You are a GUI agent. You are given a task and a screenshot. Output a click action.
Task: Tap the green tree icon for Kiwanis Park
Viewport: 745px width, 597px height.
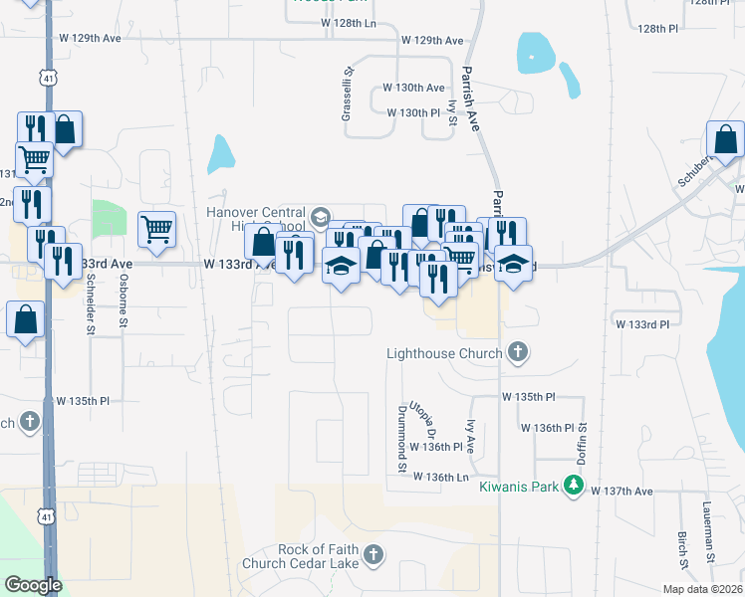(573, 485)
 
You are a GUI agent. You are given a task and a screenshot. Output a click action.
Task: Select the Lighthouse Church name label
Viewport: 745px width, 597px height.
(444, 353)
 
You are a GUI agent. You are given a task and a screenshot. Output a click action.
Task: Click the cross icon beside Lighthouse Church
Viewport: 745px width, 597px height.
(517, 351)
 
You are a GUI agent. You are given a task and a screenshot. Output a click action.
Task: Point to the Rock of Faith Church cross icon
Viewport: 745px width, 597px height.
(372, 554)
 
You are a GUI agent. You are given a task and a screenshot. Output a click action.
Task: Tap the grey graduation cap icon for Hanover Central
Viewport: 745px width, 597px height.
(321, 216)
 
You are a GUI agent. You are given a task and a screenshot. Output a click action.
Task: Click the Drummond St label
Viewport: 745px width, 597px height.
(402, 439)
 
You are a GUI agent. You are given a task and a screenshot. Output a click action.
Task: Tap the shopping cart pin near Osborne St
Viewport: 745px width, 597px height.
(157, 230)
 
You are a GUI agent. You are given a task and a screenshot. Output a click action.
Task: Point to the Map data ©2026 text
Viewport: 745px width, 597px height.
(701, 589)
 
